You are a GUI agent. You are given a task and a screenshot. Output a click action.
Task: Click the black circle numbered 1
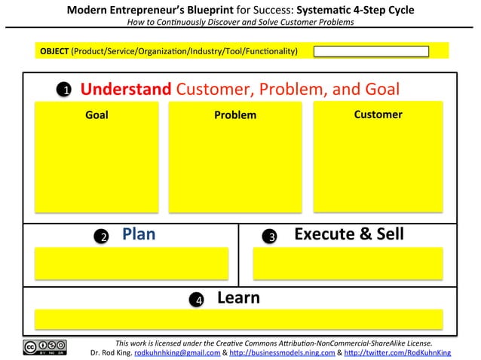pos(66,90)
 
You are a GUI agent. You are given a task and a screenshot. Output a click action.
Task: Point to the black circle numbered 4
pos(198,300)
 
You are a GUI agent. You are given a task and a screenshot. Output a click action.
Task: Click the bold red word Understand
pos(126,89)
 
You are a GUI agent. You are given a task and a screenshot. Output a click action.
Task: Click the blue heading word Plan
pos(139,234)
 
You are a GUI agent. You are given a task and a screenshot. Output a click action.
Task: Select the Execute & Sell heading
pos(348,234)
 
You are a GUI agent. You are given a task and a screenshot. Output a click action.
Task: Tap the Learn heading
pos(238,297)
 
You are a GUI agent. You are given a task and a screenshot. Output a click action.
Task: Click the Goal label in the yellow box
pos(97,115)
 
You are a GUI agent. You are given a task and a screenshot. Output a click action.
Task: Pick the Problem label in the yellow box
pos(234,115)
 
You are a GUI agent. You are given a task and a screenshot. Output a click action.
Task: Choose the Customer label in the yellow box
pos(378,114)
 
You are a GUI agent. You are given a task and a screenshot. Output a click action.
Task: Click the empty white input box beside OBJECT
pos(371,51)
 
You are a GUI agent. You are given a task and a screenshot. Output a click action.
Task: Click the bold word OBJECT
pos(54,51)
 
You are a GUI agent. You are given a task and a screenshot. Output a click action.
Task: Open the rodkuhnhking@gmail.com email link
pos(177,352)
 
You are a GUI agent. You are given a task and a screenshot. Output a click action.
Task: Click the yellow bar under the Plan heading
pos(131,263)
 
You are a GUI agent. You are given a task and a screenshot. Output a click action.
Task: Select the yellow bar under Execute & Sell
pos(348,263)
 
